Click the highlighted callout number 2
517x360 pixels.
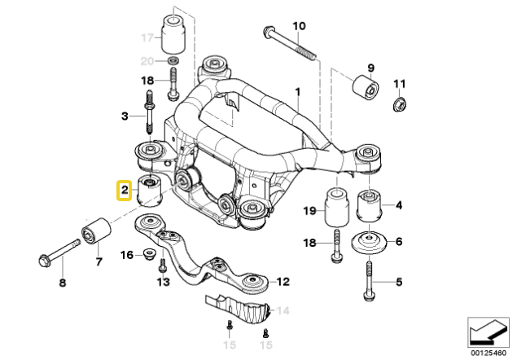(125, 191)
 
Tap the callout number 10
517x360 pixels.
(299, 26)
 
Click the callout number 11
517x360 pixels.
(399, 84)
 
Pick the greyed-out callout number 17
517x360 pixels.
(147, 37)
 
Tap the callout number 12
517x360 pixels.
(282, 282)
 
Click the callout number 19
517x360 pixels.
(309, 211)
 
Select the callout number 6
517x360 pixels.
(398, 242)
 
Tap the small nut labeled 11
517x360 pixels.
(401, 104)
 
